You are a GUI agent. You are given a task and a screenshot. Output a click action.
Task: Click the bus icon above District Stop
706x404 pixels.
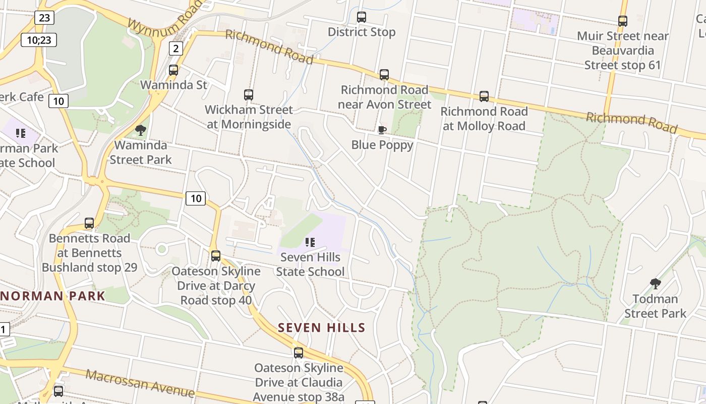click(x=361, y=17)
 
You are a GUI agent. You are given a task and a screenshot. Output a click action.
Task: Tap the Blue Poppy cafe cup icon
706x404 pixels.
click(x=382, y=130)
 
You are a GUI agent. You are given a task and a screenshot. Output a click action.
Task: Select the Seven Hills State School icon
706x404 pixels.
click(x=310, y=242)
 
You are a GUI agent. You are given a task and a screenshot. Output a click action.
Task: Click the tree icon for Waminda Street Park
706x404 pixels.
click(x=141, y=131)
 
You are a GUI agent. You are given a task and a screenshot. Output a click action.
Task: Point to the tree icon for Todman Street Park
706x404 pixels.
click(x=656, y=284)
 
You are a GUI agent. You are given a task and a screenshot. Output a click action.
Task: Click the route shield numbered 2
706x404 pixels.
click(x=175, y=48)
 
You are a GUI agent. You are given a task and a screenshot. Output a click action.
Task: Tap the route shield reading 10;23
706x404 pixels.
click(x=39, y=40)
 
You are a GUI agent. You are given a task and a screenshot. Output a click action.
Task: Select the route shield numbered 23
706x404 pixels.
click(x=44, y=18)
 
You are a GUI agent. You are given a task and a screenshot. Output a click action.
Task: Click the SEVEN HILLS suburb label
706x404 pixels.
click(x=322, y=328)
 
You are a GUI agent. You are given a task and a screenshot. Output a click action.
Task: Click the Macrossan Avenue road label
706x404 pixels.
click(x=140, y=383)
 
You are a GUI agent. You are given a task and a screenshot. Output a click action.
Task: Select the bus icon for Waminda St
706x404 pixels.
click(x=173, y=70)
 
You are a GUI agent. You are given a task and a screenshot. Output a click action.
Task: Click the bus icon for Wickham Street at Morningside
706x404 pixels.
click(x=248, y=95)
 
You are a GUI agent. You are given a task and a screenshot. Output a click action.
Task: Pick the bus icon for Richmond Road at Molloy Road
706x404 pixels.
click(x=484, y=96)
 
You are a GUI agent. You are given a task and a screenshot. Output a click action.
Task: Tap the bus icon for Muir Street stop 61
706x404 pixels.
click(x=623, y=21)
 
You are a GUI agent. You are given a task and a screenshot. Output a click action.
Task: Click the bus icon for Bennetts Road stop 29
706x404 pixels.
click(x=89, y=223)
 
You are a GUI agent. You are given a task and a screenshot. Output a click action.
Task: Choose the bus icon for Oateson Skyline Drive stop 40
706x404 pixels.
click(x=216, y=256)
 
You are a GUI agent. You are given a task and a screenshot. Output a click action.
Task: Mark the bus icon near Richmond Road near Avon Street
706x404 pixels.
click(x=384, y=75)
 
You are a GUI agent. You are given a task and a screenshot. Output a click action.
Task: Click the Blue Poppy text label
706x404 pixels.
click(x=382, y=145)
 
